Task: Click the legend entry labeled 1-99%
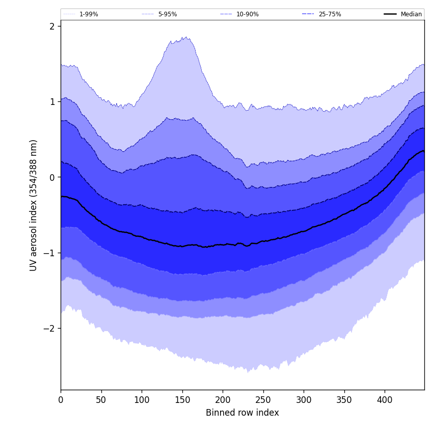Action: click(88, 14)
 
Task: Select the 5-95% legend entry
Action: click(167, 14)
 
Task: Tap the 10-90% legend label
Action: click(247, 14)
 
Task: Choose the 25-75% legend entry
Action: click(330, 14)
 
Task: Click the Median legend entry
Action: click(411, 14)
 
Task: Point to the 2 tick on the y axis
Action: click(51, 26)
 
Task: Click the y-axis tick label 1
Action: click(51, 101)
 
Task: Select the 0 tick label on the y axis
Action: click(51, 177)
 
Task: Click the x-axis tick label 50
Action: click(101, 399)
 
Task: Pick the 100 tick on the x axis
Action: click(142, 399)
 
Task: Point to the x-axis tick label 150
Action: click(182, 399)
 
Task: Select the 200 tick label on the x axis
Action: click(223, 399)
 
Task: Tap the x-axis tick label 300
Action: click(304, 399)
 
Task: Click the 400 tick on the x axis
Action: click(385, 399)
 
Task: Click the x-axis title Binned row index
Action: click(242, 413)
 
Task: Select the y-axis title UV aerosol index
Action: click(34, 205)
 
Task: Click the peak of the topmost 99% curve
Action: click(186, 37)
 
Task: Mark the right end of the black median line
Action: click(423, 151)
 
